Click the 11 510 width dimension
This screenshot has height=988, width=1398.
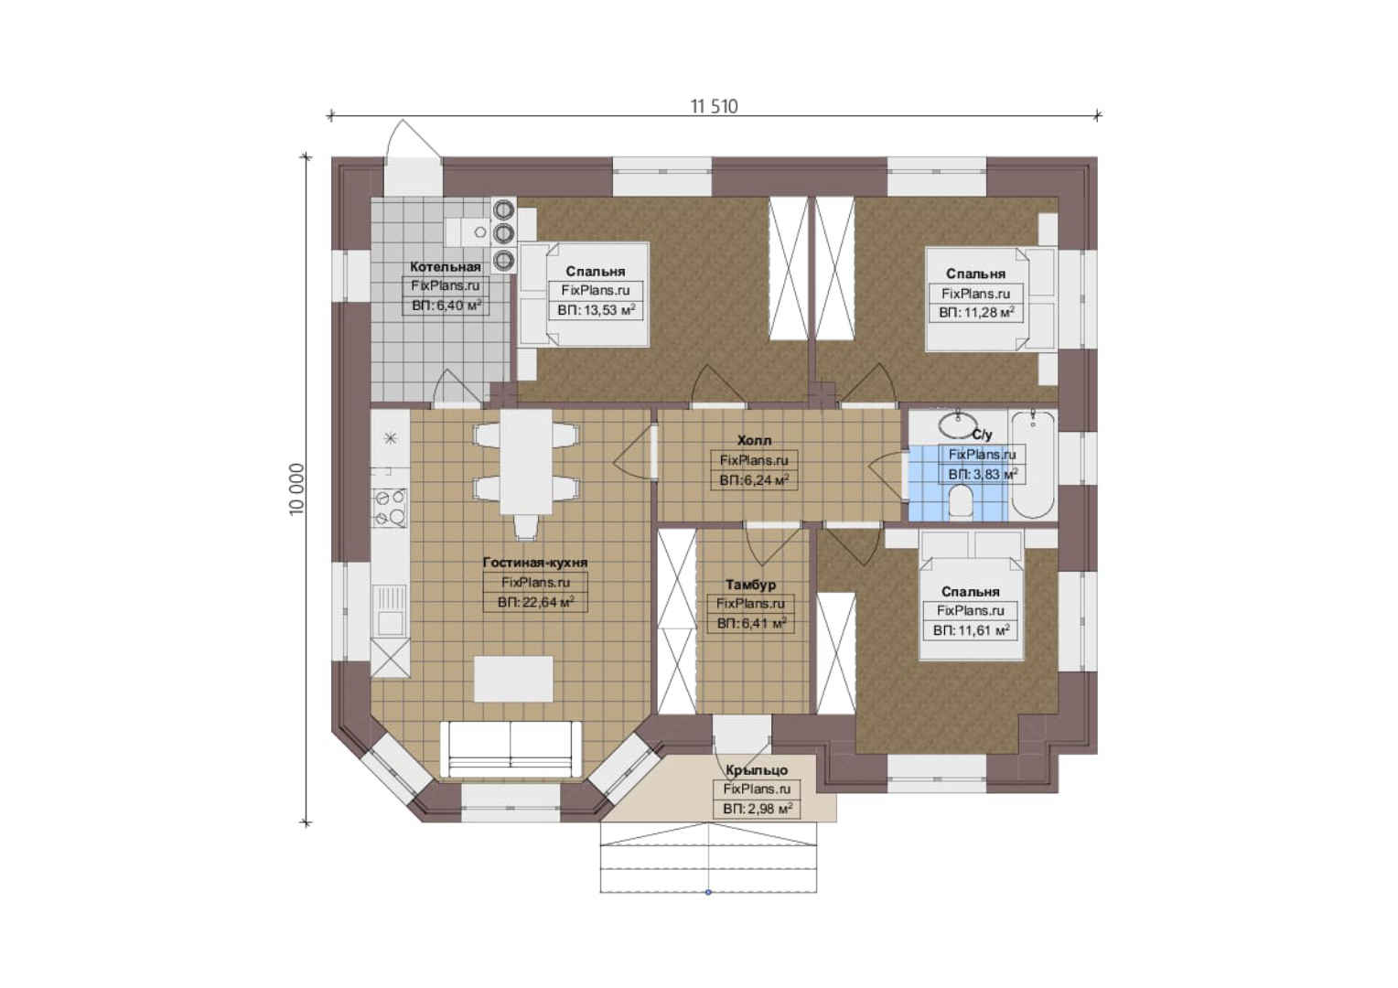pos(714,107)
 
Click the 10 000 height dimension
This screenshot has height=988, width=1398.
pos(297,489)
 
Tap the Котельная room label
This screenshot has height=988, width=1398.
pos(446,267)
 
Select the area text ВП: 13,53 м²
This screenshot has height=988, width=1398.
pos(596,310)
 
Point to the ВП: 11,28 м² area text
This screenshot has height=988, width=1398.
pos(976,313)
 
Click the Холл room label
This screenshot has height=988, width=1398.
pos(754,441)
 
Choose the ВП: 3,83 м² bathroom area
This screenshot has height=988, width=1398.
pos(983,475)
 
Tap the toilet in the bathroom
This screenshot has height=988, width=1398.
pos(961,504)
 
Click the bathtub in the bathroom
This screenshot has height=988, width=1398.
pos(1033,465)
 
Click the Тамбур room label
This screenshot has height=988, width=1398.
pos(750,585)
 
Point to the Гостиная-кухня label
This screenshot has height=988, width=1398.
pos(535,563)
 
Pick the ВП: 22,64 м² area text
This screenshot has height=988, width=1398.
pos(535,602)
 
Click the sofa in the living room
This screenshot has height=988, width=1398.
pos(511,749)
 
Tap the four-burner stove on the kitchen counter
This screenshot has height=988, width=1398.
pos(390,508)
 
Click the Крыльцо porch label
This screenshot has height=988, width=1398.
pos(757,771)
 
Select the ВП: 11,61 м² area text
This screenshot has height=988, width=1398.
pos(971,631)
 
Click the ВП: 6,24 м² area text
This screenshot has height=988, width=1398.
pos(754,480)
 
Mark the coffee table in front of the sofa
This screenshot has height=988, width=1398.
pos(513,679)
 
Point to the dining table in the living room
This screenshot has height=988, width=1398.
pos(525,461)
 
